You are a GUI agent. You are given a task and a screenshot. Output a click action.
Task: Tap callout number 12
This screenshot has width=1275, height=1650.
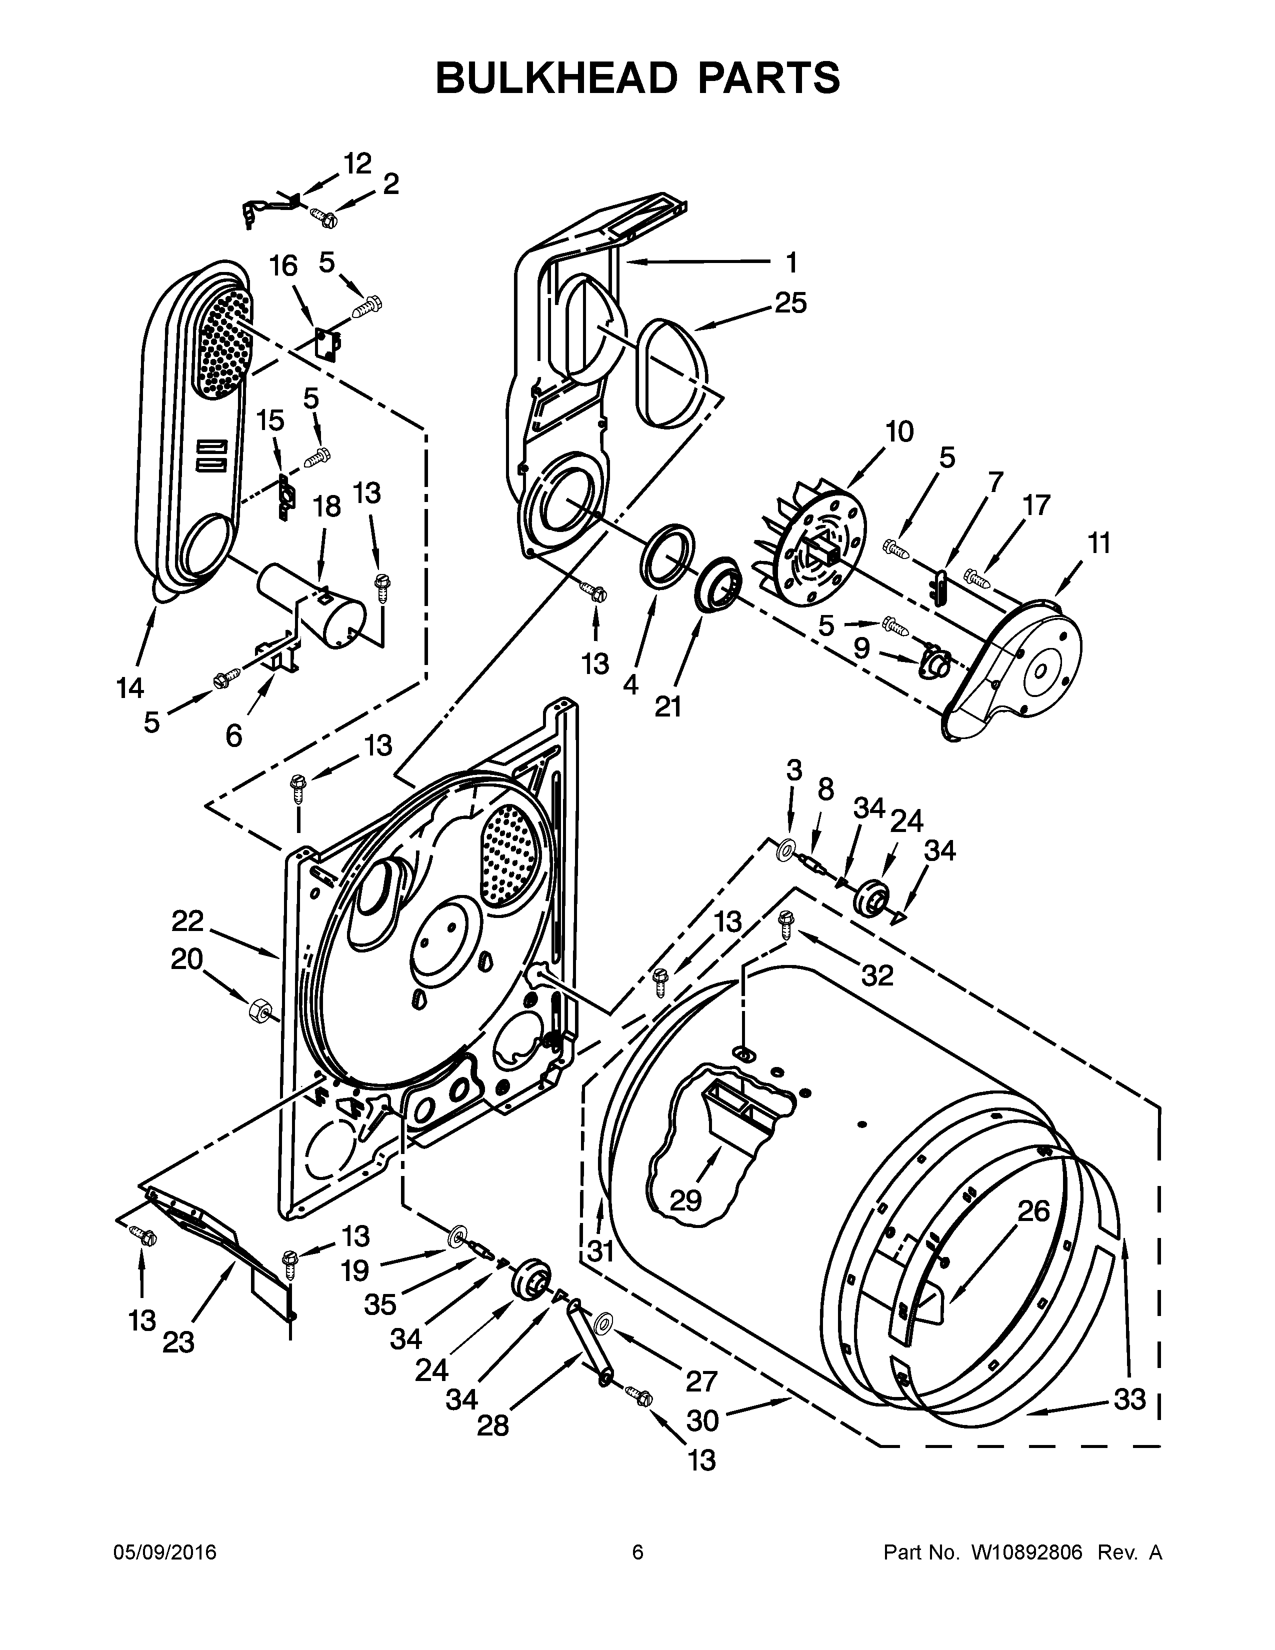[x=357, y=163]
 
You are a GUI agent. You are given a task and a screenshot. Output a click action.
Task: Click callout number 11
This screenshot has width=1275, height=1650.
[x=1099, y=543]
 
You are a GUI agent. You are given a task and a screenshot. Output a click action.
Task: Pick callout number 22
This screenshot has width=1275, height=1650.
[x=187, y=921]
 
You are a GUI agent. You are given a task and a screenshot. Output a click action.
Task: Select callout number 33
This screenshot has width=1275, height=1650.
[x=1130, y=1399]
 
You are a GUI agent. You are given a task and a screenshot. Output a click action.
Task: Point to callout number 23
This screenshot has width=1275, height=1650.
[x=178, y=1342]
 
